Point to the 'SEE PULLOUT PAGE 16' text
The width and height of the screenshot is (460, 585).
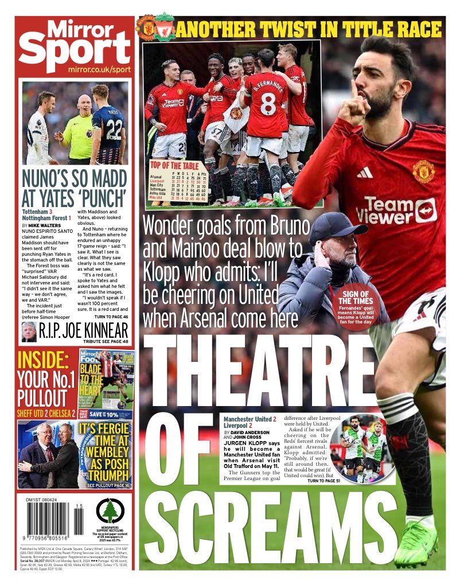(x=108, y=485)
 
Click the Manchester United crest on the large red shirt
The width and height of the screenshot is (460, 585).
(x=423, y=171)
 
